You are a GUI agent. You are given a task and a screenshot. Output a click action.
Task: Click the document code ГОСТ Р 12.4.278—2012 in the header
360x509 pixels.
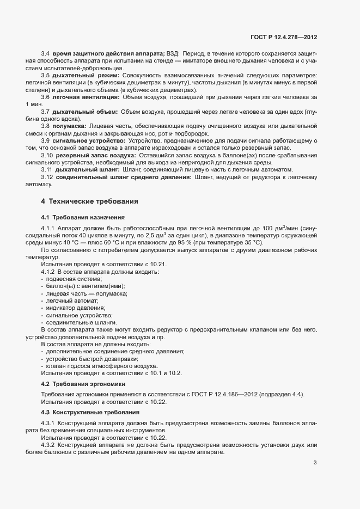283,36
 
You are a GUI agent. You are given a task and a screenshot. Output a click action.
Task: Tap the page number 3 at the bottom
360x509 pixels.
315,463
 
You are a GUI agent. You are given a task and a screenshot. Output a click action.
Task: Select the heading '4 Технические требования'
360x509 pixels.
89,201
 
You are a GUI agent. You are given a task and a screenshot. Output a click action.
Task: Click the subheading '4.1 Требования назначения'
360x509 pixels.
83,217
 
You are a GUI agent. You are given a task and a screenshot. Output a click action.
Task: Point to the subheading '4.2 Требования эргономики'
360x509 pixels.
83,384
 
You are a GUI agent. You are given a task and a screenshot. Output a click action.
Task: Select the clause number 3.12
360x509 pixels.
47,177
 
